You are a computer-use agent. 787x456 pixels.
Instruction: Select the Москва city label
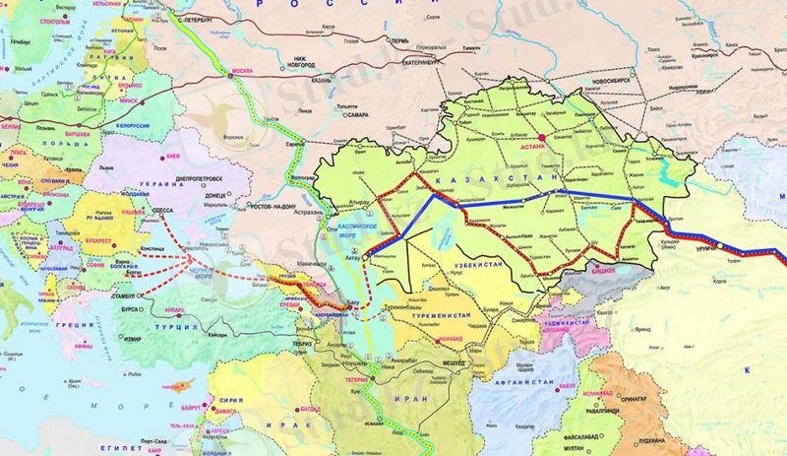[x=242, y=72]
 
